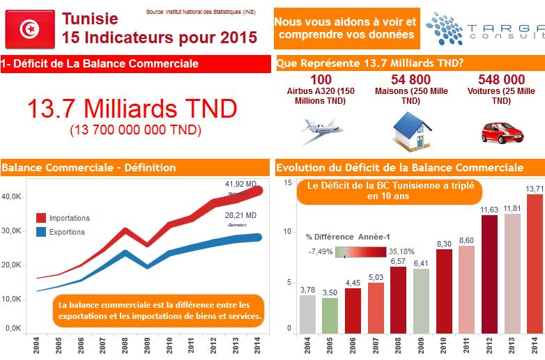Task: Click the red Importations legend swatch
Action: tap(41, 218)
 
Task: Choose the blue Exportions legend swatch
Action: tap(41, 232)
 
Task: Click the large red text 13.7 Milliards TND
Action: tap(132, 108)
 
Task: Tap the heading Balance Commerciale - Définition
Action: tap(89, 167)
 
